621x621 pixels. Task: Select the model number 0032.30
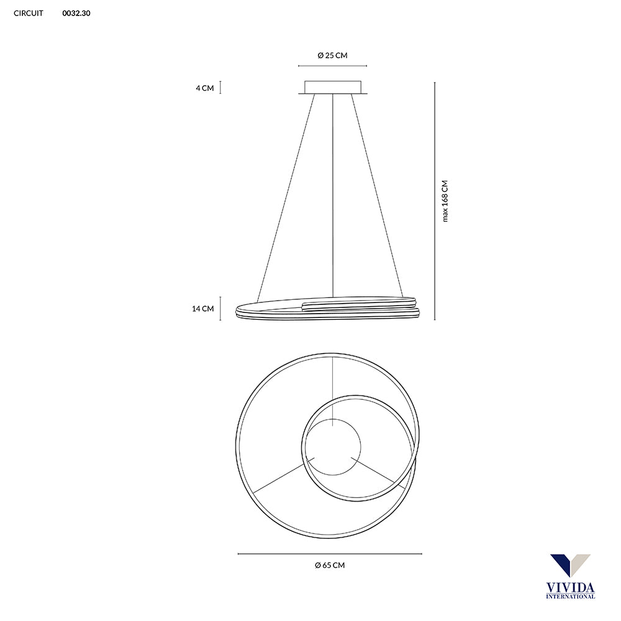coord(76,13)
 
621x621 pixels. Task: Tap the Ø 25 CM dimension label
coord(332,55)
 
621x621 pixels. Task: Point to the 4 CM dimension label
coord(204,88)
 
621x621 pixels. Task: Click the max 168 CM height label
coord(445,201)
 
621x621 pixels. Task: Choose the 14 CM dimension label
coord(203,309)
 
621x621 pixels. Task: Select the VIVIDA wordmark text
coord(570,587)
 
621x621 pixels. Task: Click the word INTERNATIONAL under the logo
coord(570,596)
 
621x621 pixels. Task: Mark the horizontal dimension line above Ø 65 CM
coord(330,554)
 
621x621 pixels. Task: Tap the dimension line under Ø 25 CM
coord(332,66)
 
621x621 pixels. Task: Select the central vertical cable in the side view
coord(333,193)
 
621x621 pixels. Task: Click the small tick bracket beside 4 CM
coord(220,88)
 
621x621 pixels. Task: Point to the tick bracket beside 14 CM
coord(220,309)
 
